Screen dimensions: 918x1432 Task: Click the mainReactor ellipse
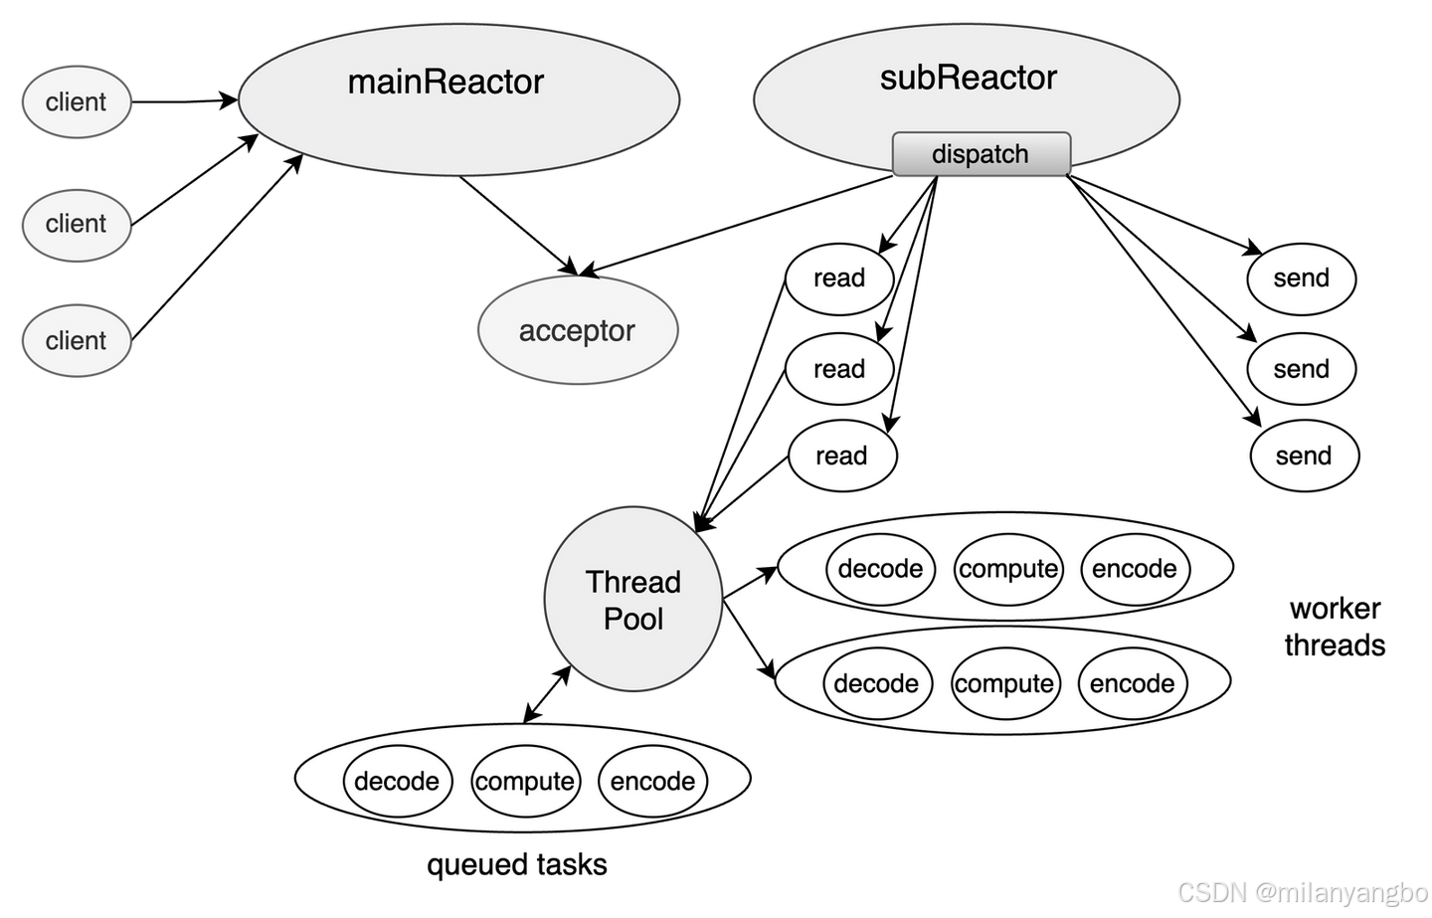coord(458,98)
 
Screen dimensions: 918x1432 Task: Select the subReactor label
coord(968,78)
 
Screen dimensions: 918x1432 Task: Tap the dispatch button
coord(981,154)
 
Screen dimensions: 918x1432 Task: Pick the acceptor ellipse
coord(577,330)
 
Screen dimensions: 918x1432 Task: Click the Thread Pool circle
coord(633,600)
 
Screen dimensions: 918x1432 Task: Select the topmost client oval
coord(77,101)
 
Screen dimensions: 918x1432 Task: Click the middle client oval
coord(77,224)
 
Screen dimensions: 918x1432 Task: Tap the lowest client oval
coord(77,340)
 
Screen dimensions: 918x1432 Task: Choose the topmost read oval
coord(839,278)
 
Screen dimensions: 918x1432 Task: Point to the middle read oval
coord(839,369)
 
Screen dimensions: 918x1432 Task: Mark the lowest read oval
coord(842,457)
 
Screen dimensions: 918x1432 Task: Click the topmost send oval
coord(1302,278)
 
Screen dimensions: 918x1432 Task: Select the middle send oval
coord(1302,369)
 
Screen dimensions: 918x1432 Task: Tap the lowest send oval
coord(1304,457)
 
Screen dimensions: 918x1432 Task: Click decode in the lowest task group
coord(397,782)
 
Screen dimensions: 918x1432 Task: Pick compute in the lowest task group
coord(525,782)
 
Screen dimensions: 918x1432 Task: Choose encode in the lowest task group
coord(652,782)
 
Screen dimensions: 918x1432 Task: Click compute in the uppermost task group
coord(1008,569)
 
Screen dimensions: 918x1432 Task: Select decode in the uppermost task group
coord(880,569)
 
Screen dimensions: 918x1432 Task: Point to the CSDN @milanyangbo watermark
coord(1301,890)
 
